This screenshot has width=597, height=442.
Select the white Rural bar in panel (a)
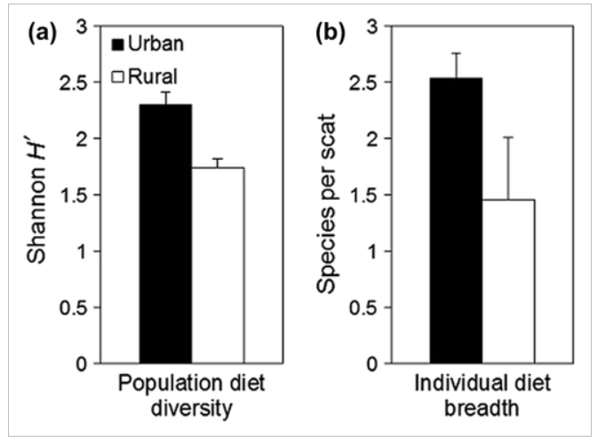click(x=218, y=265)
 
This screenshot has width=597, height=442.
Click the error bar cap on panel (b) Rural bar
click(x=508, y=138)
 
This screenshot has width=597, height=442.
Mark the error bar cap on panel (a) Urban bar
click(x=164, y=91)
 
